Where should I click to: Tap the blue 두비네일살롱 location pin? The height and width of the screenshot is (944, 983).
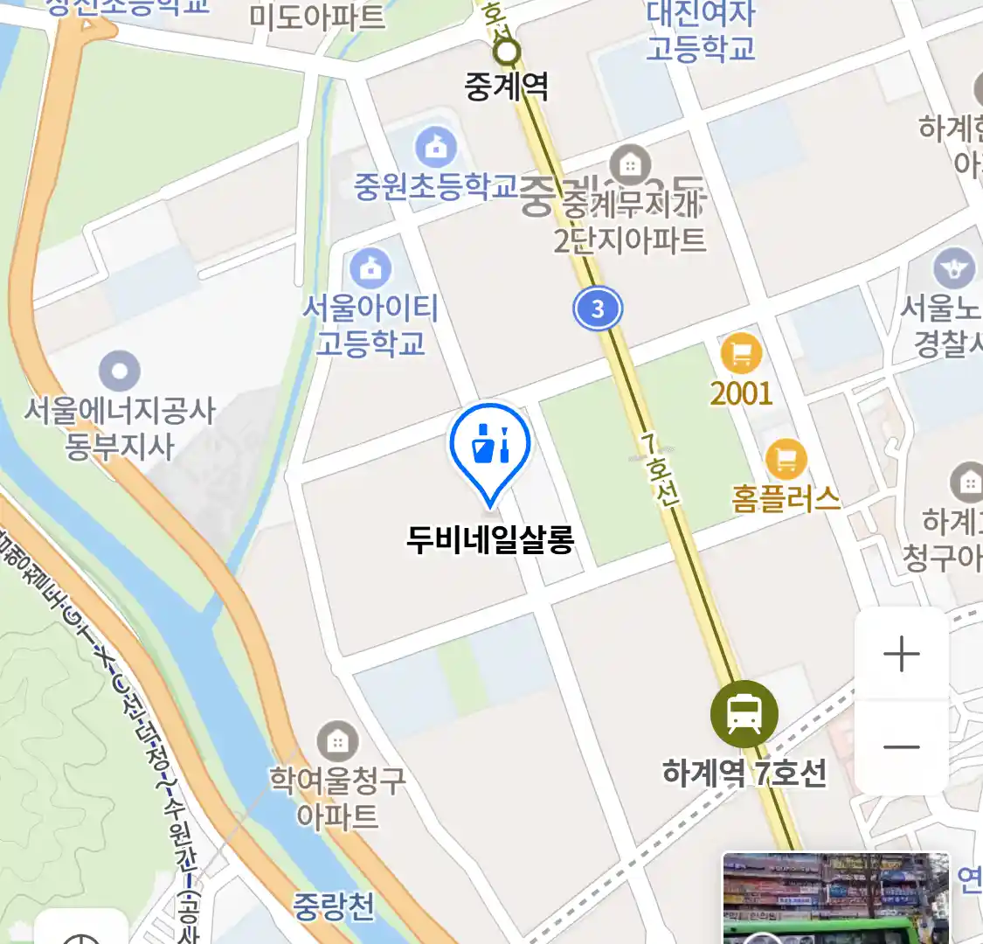[490, 447]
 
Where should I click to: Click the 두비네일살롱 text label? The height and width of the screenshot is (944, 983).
[490, 539]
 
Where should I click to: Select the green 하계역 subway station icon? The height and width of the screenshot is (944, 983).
[744, 714]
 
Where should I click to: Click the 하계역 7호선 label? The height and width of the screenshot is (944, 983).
[744, 773]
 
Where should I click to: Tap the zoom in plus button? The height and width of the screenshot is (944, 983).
[901, 655]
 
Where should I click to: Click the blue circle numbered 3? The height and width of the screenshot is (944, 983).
[598, 309]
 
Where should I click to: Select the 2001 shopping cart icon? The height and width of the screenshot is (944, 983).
[741, 354]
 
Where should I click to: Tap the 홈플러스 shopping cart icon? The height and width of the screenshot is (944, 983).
[786, 457]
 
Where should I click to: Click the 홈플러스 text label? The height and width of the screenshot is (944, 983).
[786, 499]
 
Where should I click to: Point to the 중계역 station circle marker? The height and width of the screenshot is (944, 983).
[507, 52]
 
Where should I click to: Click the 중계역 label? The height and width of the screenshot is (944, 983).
[507, 86]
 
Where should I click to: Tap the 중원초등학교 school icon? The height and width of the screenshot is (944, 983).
[436, 146]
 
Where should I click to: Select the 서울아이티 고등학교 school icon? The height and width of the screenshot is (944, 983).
[370, 268]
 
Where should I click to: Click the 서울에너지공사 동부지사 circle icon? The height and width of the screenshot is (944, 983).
[120, 371]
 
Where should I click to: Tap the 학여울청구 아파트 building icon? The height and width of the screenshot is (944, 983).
[337, 742]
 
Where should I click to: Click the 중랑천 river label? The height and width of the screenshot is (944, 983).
[333, 906]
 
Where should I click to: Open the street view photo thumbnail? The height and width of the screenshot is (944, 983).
[835, 899]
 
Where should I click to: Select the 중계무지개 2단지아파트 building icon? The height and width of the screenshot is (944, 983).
[630, 164]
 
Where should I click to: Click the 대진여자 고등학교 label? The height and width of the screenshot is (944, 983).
[700, 31]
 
